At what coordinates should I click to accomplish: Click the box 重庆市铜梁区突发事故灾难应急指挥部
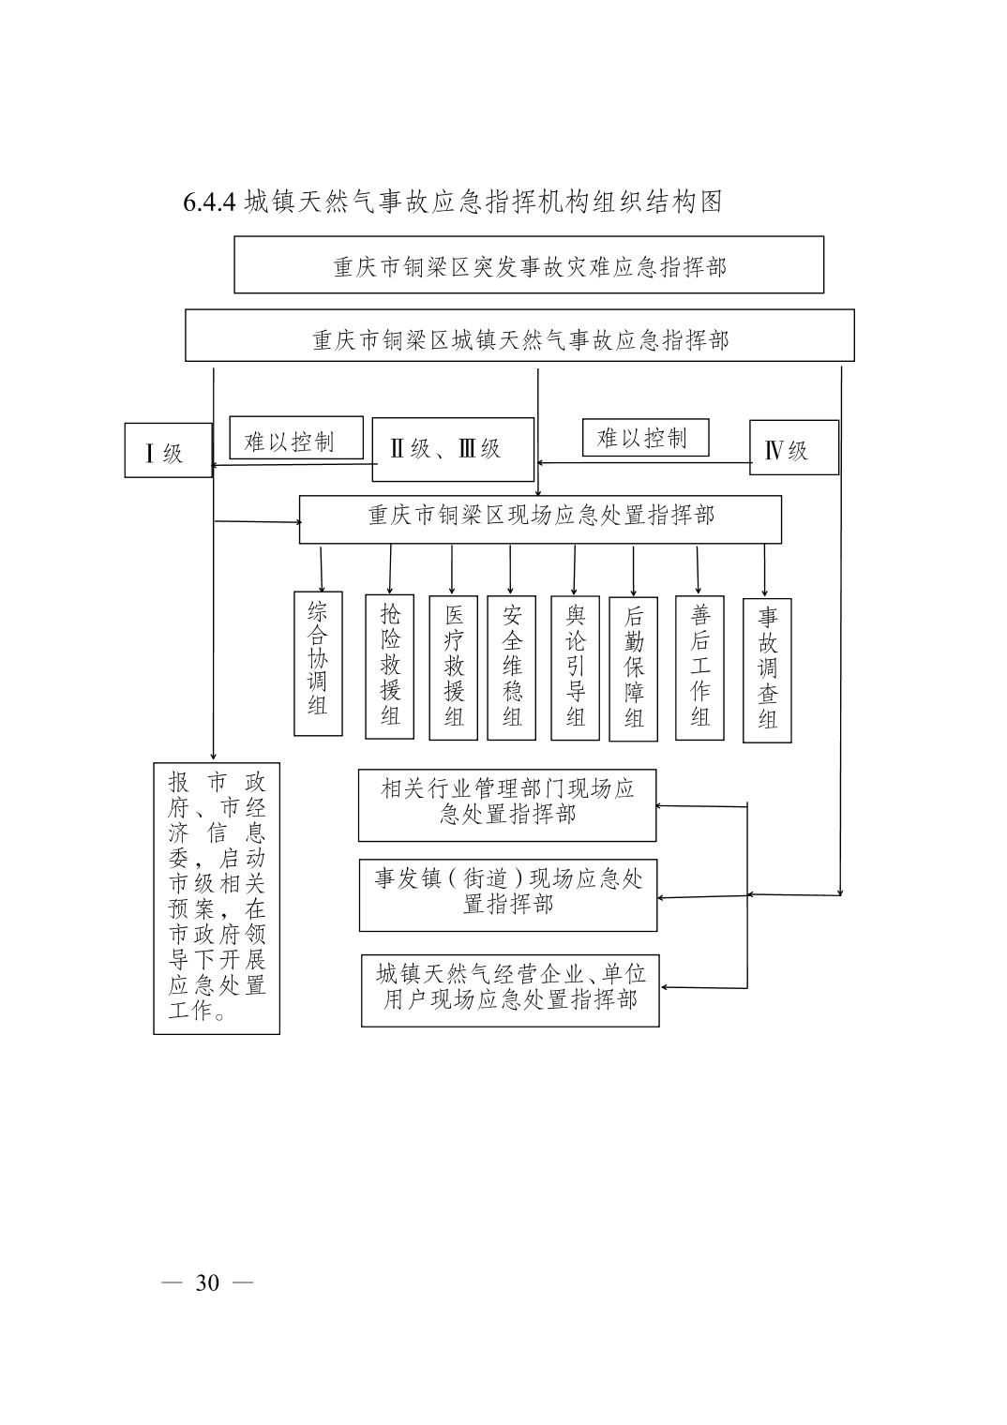(x=529, y=265)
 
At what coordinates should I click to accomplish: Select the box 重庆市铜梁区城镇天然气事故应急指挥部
(x=519, y=336)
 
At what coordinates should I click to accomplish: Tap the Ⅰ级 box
(x=169, y=451)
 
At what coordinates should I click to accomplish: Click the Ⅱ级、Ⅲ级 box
(x=453, y=449)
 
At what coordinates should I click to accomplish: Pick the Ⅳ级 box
(x=793, y=448)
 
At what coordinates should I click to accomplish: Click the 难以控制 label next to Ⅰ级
(x=296, y=438)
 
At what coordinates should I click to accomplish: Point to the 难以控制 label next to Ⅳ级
(x=645, y=438)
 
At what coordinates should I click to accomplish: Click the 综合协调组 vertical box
(x=318, y=662)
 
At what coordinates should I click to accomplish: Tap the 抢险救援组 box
(x=389, y=666)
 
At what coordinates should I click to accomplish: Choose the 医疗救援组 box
(x=454, y=667)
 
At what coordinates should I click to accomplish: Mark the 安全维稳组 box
(x=512, y=667)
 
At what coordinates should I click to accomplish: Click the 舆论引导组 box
(x=575, y=667)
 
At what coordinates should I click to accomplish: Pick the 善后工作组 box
(x=699, y=667)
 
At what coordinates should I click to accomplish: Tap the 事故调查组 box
(x=767, y=670)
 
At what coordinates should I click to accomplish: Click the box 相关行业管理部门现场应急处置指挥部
(x=507, y=805)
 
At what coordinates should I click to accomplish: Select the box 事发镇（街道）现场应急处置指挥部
(x=508, y=894)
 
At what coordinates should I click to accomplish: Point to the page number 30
(x=207, y=1282)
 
